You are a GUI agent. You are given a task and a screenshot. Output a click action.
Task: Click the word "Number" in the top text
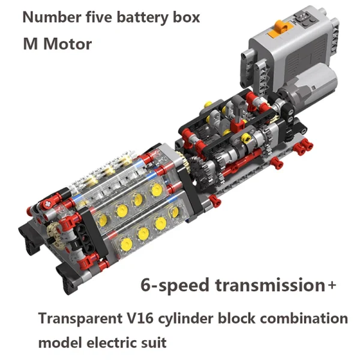[x=52, y=17]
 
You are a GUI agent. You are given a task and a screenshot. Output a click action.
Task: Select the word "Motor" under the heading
[x=68, y=44]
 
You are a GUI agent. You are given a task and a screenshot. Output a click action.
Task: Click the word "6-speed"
[x=175, y=286]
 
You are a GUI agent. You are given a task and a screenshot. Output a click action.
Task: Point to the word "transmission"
[x=270, y=285]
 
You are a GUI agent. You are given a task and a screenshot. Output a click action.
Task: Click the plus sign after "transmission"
[x=332, y=285]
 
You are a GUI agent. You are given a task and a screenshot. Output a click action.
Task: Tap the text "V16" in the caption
[x=140, y=319]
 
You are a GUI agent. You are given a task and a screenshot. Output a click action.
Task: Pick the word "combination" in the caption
[x=304, y=319]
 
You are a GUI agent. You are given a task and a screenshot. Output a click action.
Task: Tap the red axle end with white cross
[x=48, y=203]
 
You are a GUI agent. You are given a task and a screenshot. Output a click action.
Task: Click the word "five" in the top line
[x=99, y=17]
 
